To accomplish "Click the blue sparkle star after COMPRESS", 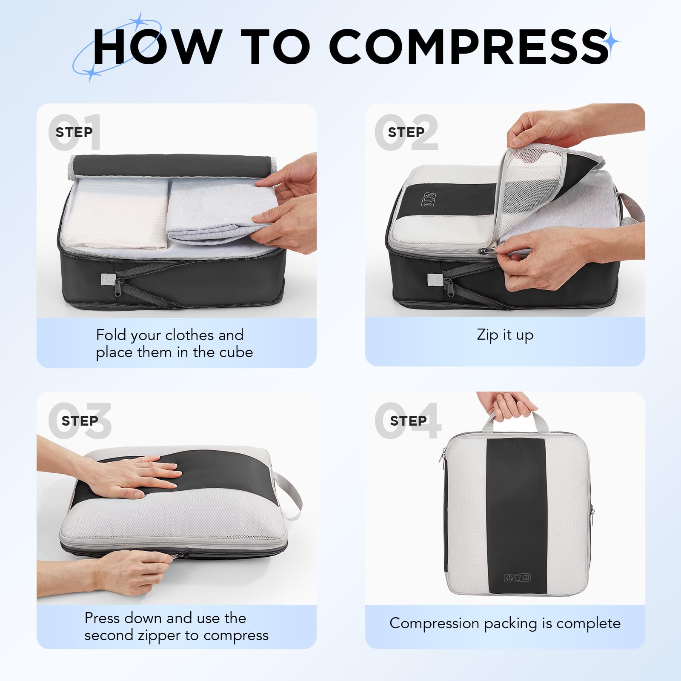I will coord(612,41).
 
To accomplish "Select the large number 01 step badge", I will coord(75,132).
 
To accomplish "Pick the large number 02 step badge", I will coord(406,132).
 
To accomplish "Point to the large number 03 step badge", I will coord(80,421).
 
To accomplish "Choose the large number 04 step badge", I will coord(408,421).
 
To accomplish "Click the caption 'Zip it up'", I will coord(505,335).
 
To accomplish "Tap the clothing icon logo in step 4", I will coord(517,578).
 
